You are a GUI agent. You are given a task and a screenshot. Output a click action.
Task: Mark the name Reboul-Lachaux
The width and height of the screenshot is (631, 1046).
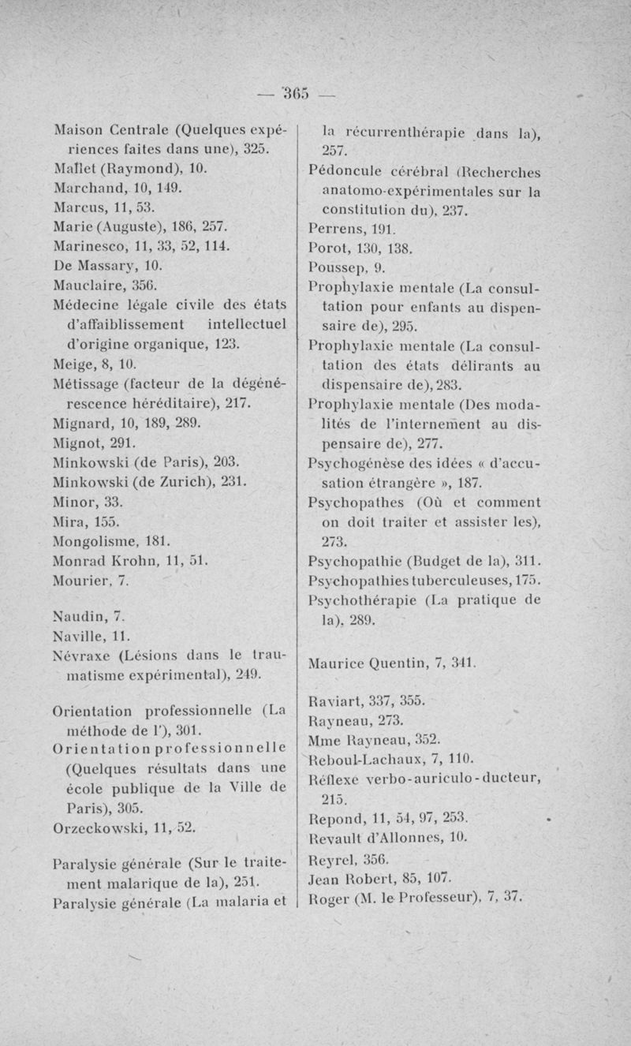pos(375,758)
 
